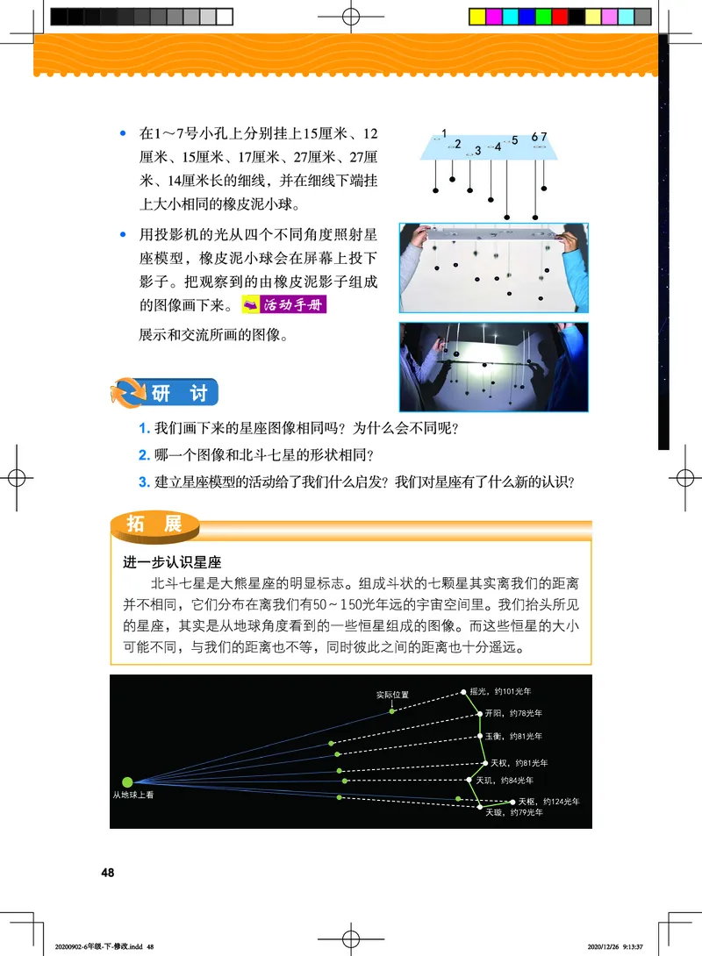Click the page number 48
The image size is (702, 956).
click(108, 873)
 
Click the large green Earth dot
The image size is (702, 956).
click(127, 781)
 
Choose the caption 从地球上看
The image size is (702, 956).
click(133, 796)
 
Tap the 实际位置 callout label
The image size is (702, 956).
click(391, 695)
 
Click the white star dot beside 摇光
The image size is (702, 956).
click(465, 694)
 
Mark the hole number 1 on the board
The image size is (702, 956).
click(444, 133)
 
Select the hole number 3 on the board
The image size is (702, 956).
click(477, 150)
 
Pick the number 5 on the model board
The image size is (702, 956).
click(515, 139)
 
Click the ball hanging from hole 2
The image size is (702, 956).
click(452, 179)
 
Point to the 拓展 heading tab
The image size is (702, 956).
click(154, 524)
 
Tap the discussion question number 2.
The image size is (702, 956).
click(145, 454)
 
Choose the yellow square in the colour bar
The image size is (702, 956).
click(478, 16)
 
